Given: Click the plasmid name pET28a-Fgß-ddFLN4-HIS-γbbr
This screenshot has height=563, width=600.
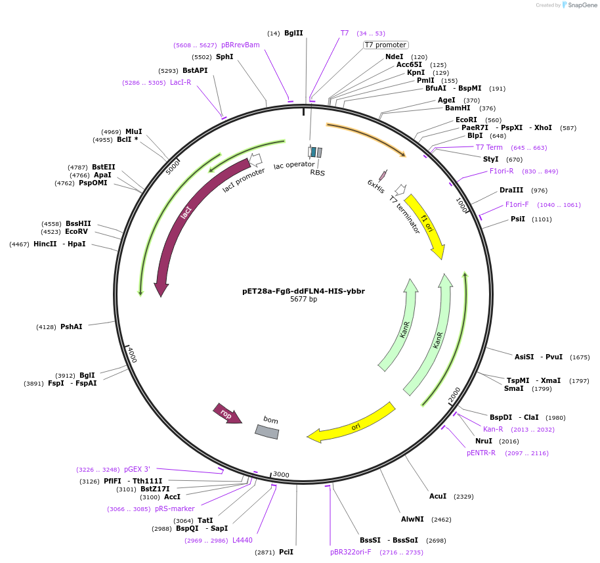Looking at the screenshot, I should coord(303,290).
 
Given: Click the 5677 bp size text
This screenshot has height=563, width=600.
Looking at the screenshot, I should coord(303,300).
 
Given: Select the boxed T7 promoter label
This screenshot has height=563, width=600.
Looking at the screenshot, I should coord(386,45).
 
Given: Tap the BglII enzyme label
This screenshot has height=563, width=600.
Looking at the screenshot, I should coord(293,33).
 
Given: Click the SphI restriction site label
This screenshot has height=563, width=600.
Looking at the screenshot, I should coord(225,57).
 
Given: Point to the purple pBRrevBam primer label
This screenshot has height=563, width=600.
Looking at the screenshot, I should coord(240,45).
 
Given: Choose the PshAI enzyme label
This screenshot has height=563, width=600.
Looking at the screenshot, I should coord(72,327).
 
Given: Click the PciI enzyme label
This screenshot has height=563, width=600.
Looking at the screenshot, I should coord(286,552).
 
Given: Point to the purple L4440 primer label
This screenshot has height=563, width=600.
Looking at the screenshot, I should coord(242,540).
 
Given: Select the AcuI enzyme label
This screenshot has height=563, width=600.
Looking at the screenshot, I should coord(438,496).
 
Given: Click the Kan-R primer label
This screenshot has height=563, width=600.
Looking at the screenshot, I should coord(493,429).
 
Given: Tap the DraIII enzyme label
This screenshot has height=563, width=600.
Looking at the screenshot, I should coord(511,190).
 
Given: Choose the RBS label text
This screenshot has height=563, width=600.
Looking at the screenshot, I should coord(318,173).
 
